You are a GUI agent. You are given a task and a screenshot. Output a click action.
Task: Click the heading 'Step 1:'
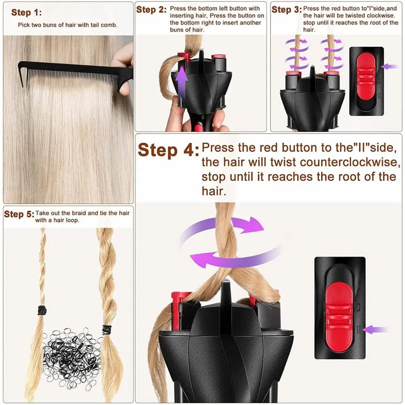tap(26, 13)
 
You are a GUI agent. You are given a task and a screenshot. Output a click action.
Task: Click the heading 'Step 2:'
tap(151, 10)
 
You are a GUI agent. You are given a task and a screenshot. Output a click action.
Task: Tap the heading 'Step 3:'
tap(286, 10)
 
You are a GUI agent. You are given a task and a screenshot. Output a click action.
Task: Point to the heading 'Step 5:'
tap(19, 214)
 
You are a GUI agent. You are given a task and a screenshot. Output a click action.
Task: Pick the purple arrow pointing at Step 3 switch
tap(389, 66)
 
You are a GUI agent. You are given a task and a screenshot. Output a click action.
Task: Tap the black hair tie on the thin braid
tap(42, 311)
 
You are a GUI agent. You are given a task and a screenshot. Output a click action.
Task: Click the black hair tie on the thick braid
tap(107, 330)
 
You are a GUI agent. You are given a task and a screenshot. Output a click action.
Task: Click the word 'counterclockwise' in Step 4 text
tap(349, 162)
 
